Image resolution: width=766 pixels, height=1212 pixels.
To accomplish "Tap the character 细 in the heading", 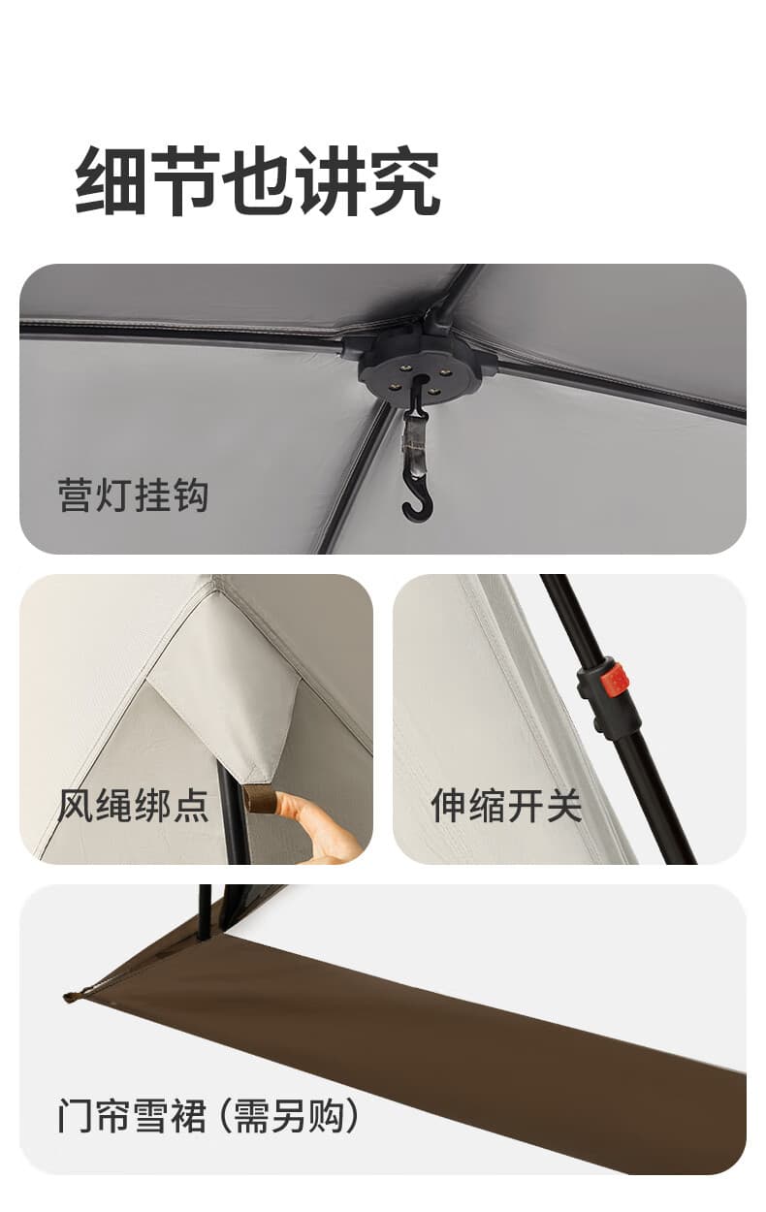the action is (x=111, y=181).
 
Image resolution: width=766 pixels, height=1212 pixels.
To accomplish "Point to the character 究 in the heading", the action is (x=404, y=181).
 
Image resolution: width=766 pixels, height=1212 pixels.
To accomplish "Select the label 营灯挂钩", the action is (x=133, y=495).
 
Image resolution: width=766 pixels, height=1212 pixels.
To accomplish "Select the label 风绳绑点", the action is (x=133, y=806).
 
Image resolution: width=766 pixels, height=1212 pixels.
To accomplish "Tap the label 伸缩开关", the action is (x=506, y=806).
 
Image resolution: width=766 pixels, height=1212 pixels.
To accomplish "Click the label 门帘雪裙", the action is (x=132, y=1116).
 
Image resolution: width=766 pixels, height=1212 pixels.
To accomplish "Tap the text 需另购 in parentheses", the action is (x=289, y=1116).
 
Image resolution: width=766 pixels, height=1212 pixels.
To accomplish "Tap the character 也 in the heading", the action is (x=258, y=181).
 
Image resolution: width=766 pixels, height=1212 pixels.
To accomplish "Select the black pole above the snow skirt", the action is (x=204, y=912).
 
